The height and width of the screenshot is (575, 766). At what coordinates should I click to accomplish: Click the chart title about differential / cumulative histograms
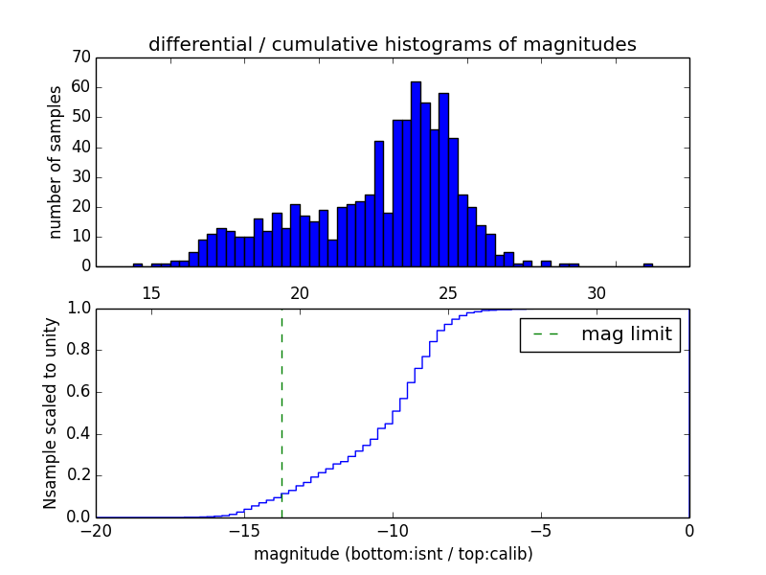tap(392, 44)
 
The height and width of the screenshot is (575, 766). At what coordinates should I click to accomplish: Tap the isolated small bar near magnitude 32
tap(648, 264)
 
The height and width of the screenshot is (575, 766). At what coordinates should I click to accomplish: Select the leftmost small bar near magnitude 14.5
tap(138, 264)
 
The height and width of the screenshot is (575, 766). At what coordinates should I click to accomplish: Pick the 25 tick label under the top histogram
tap(448, 292)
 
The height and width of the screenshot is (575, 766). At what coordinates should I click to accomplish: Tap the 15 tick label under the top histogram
tap(151, 292)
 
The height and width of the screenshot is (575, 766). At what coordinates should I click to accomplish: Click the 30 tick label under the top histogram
tap(597, 292)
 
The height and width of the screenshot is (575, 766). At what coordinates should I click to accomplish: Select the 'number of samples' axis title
tap(56, 161)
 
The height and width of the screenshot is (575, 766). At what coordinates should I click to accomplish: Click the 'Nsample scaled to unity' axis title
tap(51, 412)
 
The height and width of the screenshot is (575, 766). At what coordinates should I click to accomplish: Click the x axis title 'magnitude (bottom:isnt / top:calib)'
tap(393, 554)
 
